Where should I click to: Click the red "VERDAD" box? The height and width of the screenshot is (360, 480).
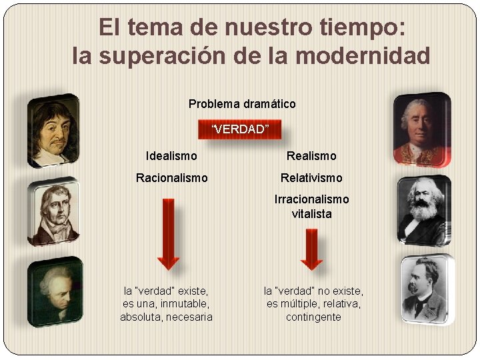(x=240, y=129)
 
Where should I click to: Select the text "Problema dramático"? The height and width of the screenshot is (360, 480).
(x=242, y=104)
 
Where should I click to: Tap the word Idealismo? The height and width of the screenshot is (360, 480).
(x=171, y=156)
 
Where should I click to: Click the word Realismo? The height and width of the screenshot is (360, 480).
(x=311, y=156)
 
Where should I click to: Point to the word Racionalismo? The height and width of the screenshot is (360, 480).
(x=171, y=178)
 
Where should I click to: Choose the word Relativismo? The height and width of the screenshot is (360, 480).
(x=311, y=178)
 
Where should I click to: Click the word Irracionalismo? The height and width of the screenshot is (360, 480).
(x=311, y=199)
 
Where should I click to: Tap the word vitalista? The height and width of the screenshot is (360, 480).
(x=311, y=214)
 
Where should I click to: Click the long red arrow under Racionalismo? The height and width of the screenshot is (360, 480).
(x=169, y=233)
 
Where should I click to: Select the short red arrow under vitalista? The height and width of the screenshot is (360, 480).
(x=311, y=248)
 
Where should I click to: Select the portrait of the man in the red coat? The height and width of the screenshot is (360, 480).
(x=421, y=130)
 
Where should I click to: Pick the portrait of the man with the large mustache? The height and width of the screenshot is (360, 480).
(x=427, y=290)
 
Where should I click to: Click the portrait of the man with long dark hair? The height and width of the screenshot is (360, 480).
(x=53, y=130)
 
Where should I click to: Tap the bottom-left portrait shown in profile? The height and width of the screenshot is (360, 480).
(x=55, y=291)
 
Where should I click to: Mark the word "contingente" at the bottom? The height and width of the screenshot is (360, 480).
(x=313, y=317)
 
